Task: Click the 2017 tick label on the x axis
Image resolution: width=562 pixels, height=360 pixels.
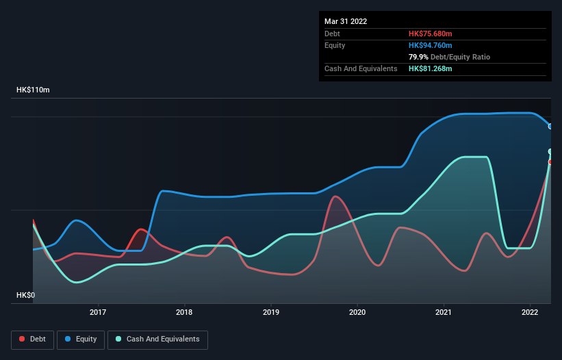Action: click(99, 312)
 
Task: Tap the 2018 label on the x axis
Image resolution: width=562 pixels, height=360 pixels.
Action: click(184, 312)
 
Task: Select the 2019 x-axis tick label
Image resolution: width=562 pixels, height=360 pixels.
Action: click(271, 312)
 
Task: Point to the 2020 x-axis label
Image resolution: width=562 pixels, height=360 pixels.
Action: click(357, 312)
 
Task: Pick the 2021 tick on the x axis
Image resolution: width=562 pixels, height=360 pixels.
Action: click(444, 312)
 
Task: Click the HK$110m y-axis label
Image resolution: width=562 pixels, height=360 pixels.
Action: click(33, 90)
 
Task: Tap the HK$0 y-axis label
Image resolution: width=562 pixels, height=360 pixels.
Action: click(25, 295)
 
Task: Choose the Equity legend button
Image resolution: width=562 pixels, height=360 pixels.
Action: click(81, 339)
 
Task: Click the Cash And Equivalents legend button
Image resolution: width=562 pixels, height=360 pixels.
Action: click(157, 339)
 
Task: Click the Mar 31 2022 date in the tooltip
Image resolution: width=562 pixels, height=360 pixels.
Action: click(346, 21)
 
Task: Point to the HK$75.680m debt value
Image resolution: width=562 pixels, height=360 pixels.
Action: click(431, 34)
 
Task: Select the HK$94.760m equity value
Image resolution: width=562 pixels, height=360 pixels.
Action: click(431, 45)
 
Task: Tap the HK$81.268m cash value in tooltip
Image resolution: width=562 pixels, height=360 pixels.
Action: click(431, 68)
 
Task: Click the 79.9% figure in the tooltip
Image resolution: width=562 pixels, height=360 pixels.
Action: click(418, 57)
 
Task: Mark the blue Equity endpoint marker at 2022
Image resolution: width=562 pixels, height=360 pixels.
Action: click(550, 126)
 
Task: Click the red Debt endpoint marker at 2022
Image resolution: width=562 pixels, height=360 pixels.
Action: click(550, 162)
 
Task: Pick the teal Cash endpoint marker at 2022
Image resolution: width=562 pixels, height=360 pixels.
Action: click(550, 151)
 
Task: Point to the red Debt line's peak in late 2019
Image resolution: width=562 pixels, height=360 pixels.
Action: click(335, 196)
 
